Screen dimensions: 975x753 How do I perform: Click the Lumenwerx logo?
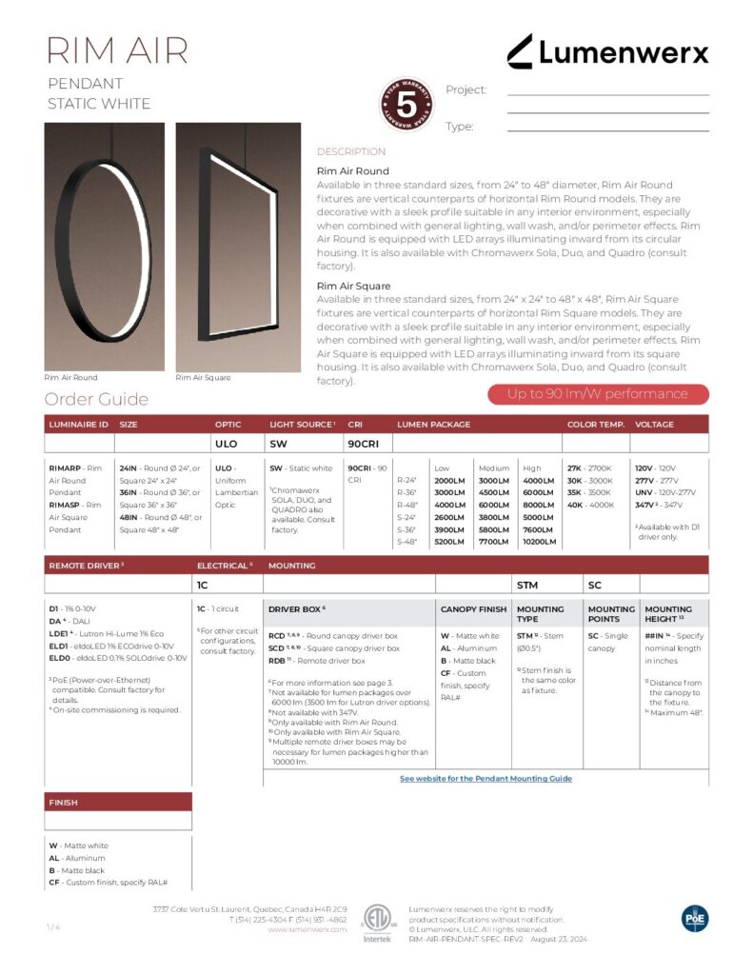click(x=606, y=51)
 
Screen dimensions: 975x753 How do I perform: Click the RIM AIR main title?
click(x=118, y=50)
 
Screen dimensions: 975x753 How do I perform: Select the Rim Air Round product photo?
click(x=104, y=246)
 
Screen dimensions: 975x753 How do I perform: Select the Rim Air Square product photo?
click(x=238, y=246)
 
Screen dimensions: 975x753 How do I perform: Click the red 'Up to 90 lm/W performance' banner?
click(x=597, y=394)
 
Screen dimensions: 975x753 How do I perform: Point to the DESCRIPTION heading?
click(x=350, y=151)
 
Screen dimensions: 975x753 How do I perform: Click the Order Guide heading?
click(x=96, y=399)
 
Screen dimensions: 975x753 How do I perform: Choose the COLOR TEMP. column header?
click(x=595, y=425)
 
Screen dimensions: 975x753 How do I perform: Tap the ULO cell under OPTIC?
click(x=226, y=444)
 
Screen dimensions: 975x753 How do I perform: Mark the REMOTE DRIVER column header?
click(x=87, y=566)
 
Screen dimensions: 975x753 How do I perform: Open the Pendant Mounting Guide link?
click(x=485, y=778)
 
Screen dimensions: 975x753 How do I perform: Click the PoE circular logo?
click(x=695, y=918)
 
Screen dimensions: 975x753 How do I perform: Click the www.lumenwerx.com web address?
click(x=307, y=929)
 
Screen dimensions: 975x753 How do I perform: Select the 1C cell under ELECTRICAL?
click(x=202, y=585)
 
